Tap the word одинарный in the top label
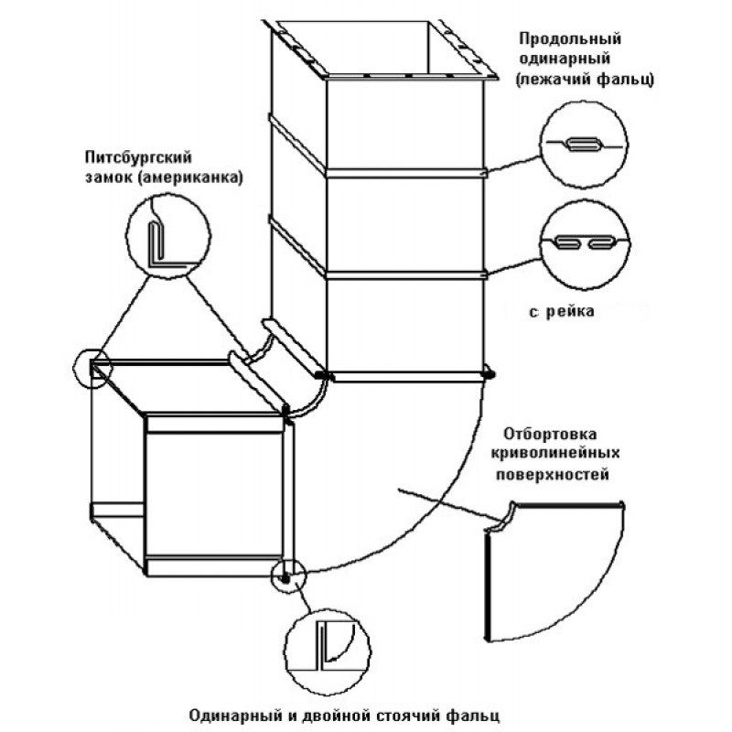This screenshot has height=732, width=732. pyautogui.click(x=568, y=59)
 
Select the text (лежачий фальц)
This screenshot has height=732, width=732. pyautogui.click(x=583, y=80)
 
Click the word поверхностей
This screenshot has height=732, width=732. pyautogui.click(x=551, y=475)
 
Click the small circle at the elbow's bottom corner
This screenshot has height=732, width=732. pyautogui.click(x=285, y=577)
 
